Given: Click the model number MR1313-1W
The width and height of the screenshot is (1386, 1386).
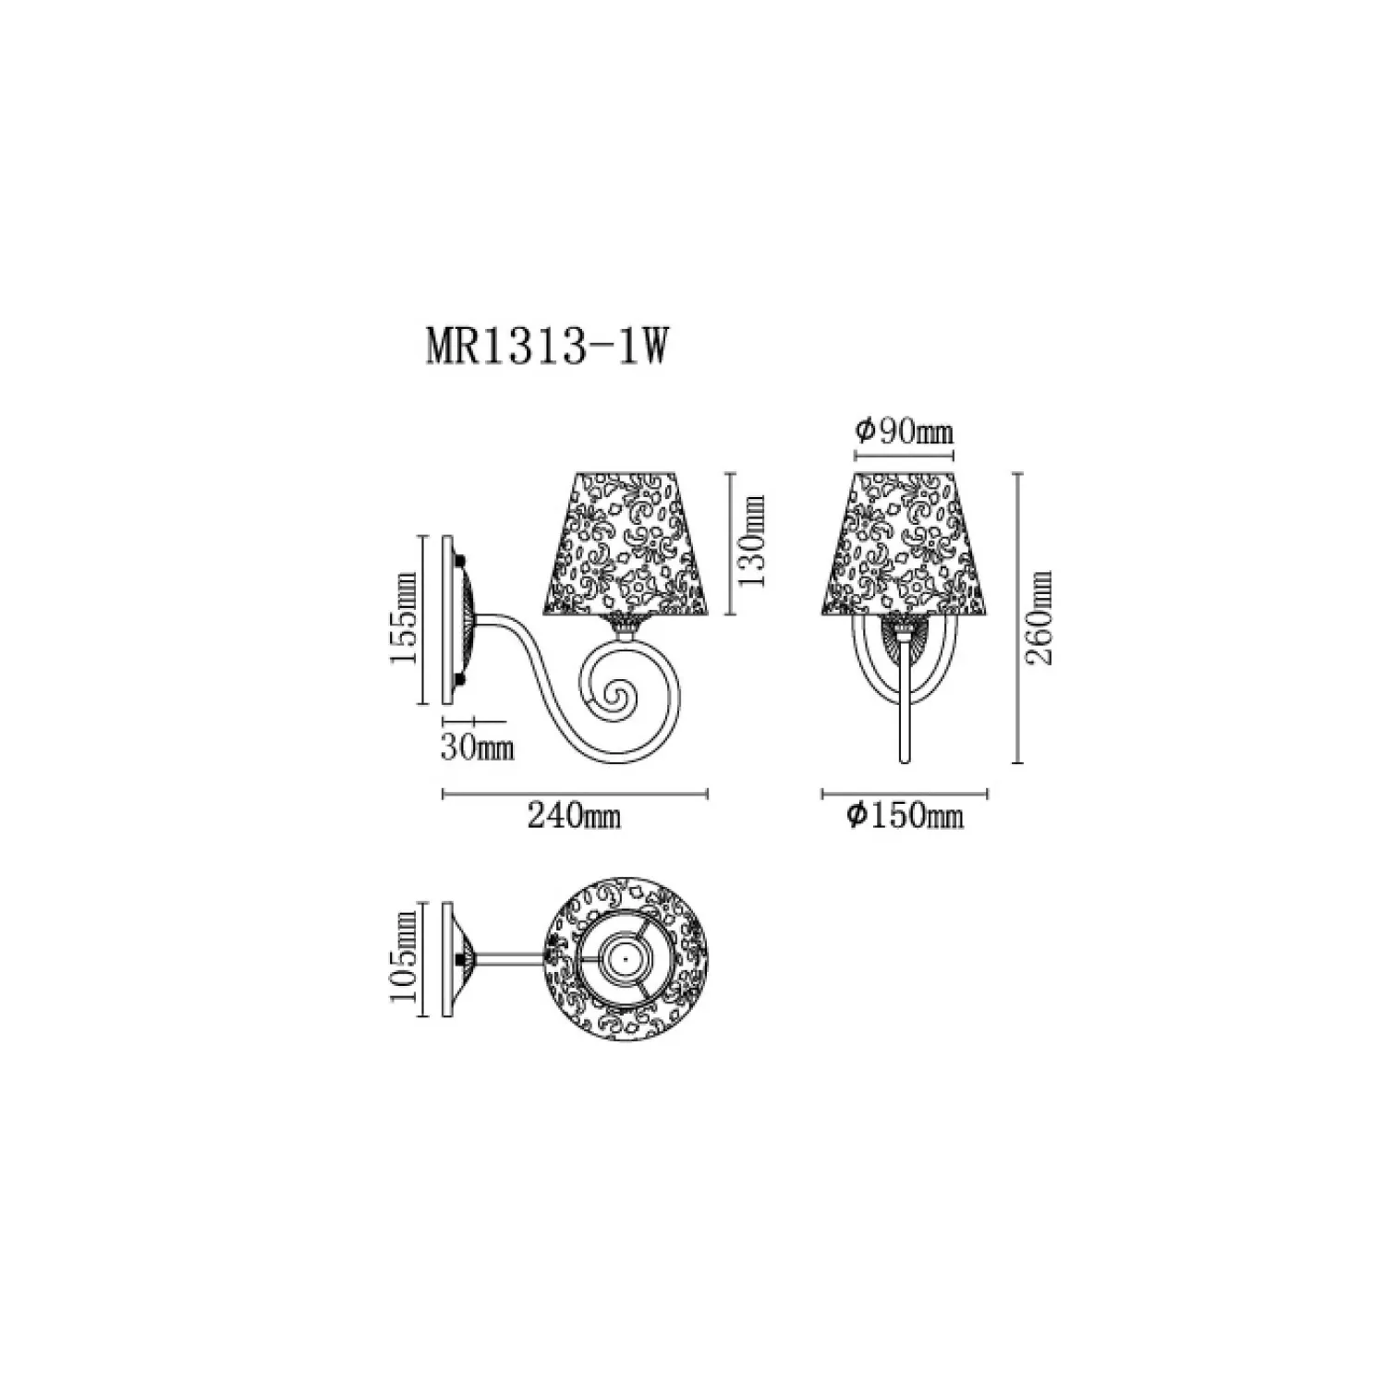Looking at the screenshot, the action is click(545, 349).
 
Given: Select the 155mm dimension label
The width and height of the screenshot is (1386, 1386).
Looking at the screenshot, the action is click(403, 618).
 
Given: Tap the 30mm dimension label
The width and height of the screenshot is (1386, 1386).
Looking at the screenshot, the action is click(477, 747).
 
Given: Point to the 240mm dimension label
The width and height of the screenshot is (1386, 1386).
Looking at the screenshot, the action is click(574, 816).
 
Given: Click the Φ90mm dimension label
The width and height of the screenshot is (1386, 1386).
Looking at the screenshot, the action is click(904, 432).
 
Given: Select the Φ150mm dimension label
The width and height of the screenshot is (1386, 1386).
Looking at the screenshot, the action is click(906, 815).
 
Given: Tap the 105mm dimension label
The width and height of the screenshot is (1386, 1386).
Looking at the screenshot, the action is click(403, 961).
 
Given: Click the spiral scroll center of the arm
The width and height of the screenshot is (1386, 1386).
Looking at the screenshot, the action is click(613, 699).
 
